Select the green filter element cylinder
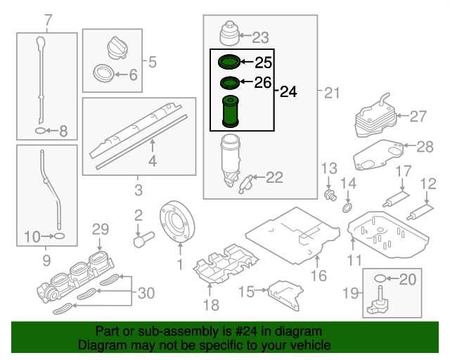(x=230, y=112)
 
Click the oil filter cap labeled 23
(x=229, y=34)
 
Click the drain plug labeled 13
(x=328, y=193)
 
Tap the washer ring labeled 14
(x=347, y=208)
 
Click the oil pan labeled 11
(x=385, y=233)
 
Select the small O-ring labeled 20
(x=380, y=278)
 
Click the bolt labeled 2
(x=143, y=237)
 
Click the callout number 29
(x=101, y=229)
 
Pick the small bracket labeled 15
(x=283, y=290)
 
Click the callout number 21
(x=332, y=91)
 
